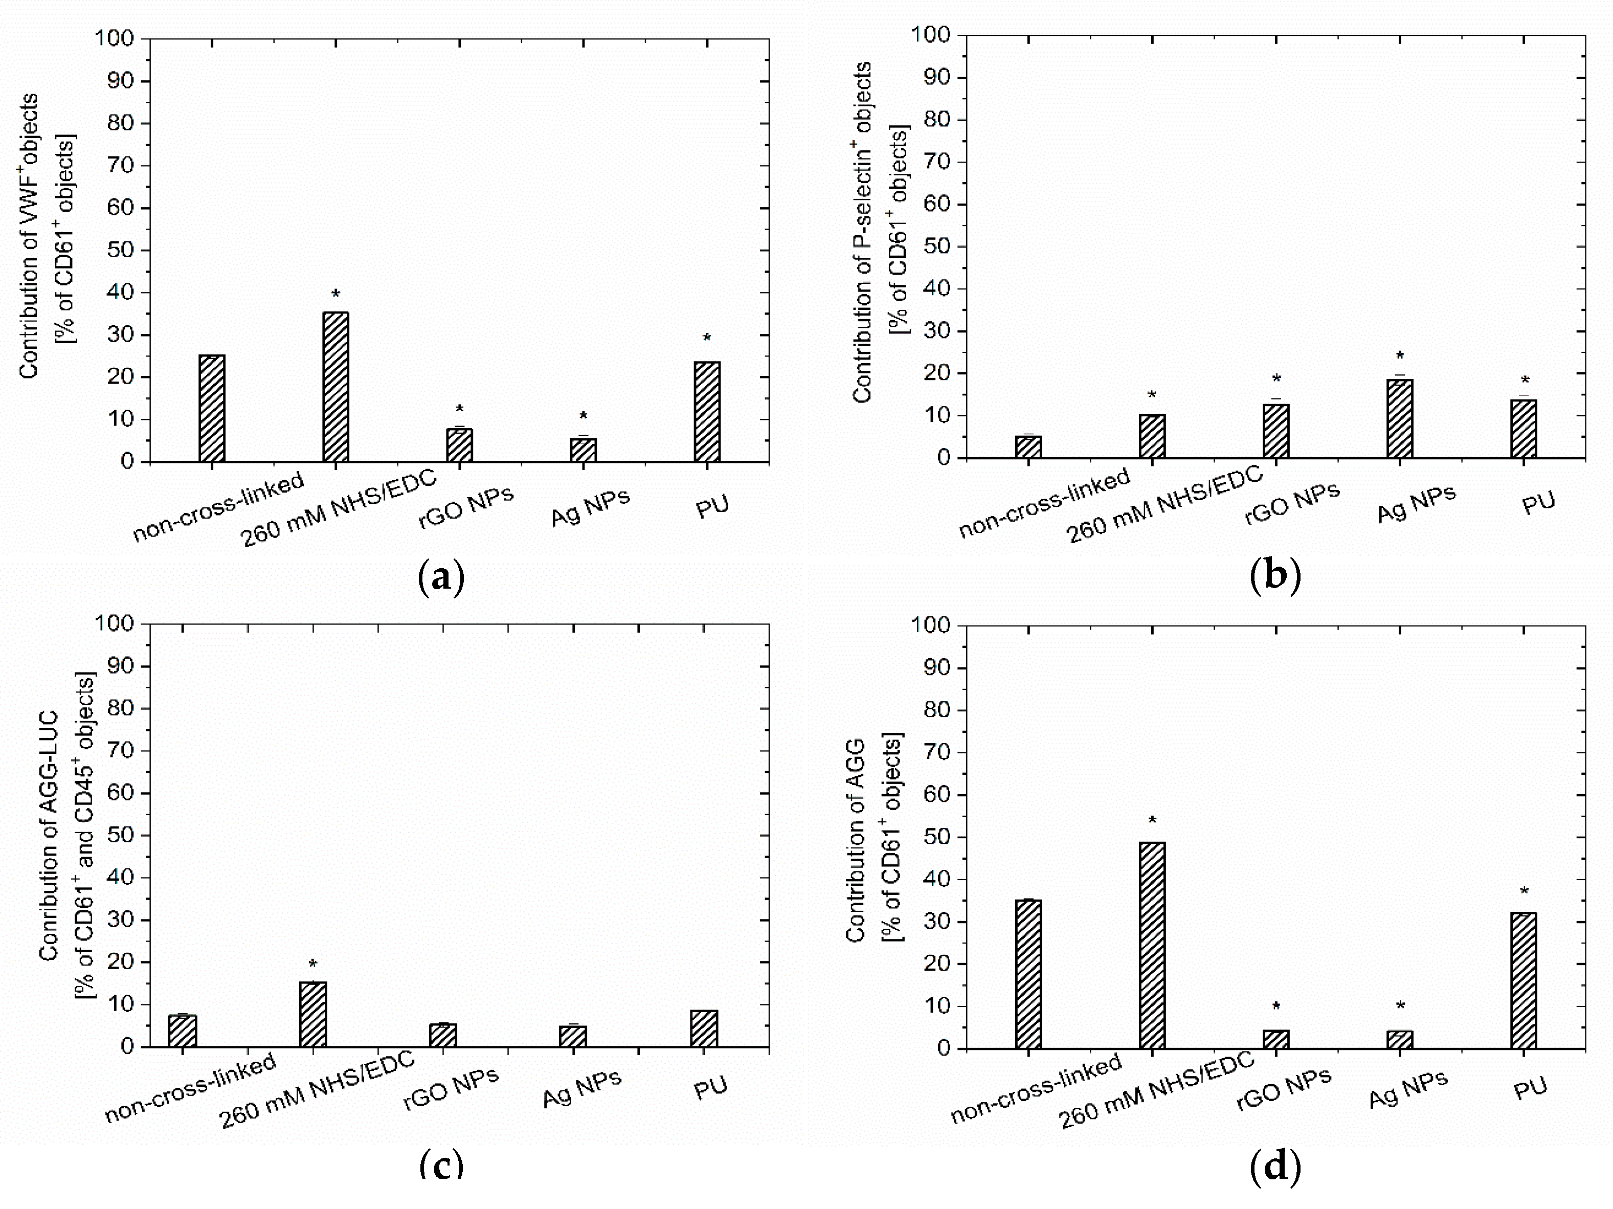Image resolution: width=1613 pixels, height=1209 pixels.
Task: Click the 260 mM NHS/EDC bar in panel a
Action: pos(335,387)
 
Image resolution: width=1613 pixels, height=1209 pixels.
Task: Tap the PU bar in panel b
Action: pos(1524,429)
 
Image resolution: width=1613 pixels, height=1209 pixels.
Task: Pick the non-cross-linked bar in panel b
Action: pos(1028,447)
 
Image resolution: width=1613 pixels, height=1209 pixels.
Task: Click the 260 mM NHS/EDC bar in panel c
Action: pos(313,1014)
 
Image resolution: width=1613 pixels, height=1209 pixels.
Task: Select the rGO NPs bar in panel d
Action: pos(1275,1039)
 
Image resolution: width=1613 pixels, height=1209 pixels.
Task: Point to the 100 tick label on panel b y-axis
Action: pos(930,35)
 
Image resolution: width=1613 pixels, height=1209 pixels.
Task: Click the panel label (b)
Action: pos(1274,575)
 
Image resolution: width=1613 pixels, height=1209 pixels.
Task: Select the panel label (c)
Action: pos(441,1165)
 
